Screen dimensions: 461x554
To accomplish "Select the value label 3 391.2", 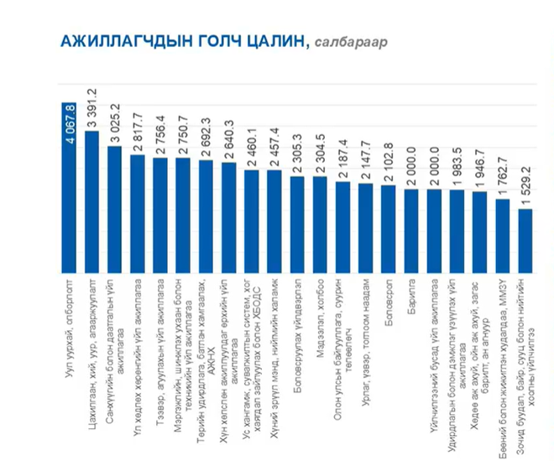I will click(x=92, y=107).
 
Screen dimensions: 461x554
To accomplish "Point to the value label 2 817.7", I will click(x=138, y=135).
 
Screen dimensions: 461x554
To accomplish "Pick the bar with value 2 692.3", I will click(x=206, y=215).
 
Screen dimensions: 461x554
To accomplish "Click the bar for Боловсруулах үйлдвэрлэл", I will click(x=297, y=223).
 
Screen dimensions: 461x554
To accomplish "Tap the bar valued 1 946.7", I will click(x=479, y=230).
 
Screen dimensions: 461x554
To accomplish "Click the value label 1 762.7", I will click(x=502, y=179).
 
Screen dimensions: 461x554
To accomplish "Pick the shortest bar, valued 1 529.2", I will click(x=525, y=239).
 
